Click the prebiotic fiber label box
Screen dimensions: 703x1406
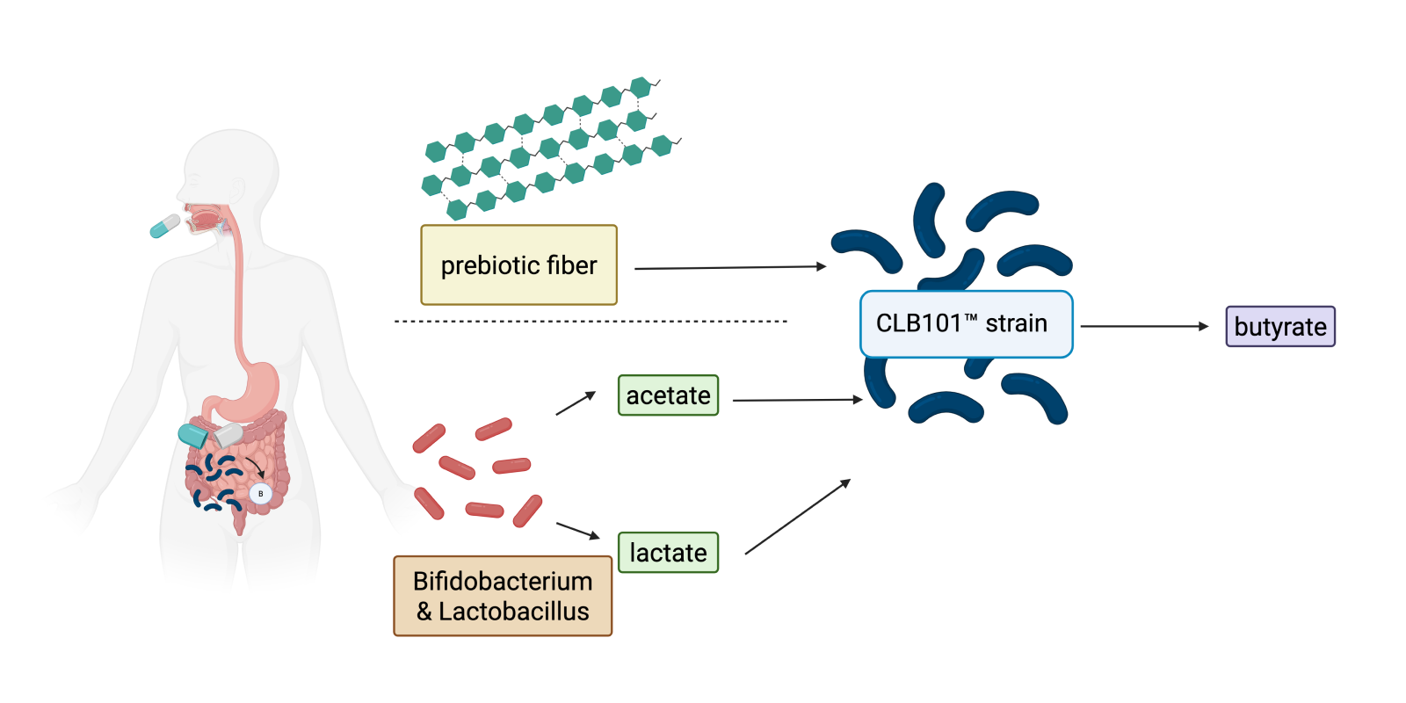click(x=518, y=265)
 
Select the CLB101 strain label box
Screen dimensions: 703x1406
click(x=966, y=324)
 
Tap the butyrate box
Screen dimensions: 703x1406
click(x=1279, y=327)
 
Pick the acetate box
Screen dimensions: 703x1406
click(x=668, y=395)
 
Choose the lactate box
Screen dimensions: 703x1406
click(x=668, y=553)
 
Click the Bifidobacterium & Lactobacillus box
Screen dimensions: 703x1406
click(x=503, y=596)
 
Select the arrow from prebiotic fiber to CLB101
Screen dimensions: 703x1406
click(x=729, y=267)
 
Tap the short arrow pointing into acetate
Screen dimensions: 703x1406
click(x=576, y=403)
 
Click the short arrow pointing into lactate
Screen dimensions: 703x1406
click(x=577, y=530)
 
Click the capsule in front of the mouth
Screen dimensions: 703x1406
click(x=164, y=226)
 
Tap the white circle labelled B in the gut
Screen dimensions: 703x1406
click(x=260, y=494)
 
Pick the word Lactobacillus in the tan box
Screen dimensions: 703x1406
click(x=514, y=612)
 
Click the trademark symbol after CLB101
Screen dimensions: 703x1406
click(x=971, y=318)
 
